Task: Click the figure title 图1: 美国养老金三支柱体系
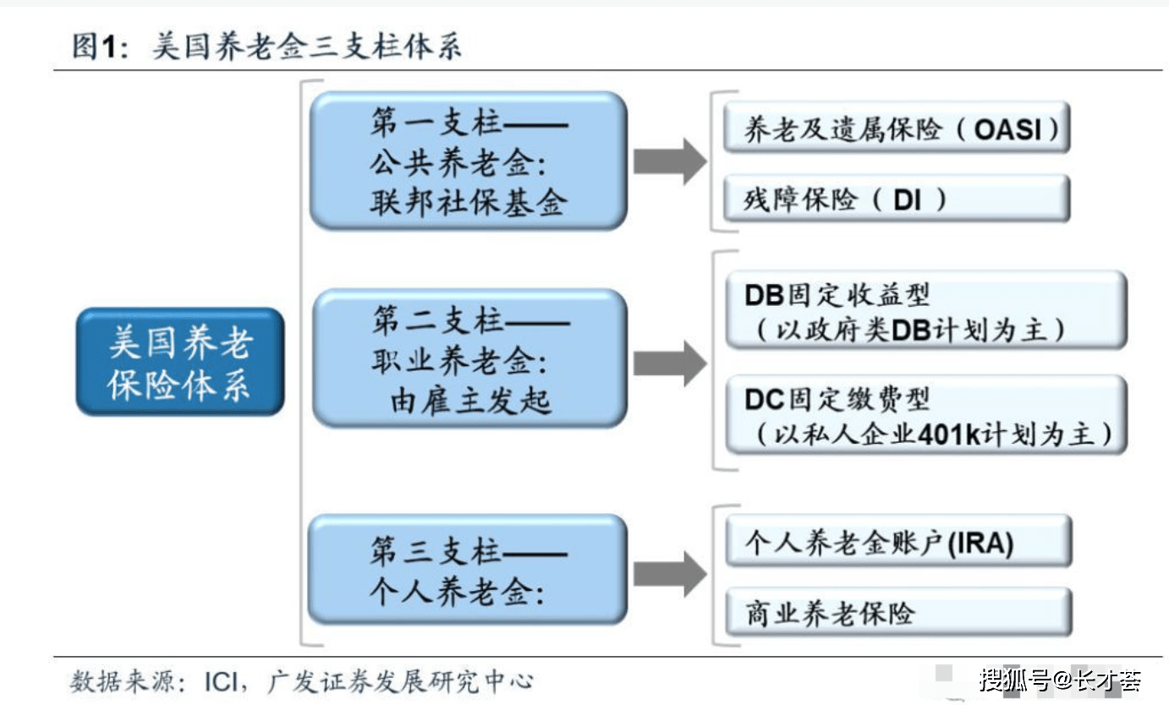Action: pos(266,46)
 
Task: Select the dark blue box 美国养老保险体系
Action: pos(179,362)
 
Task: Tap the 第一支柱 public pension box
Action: pos(469,161)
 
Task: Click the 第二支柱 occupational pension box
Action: pos(469,358)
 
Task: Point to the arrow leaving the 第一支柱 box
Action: pos(669,161)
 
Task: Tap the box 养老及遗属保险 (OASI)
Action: pos(897,128)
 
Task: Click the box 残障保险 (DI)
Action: pos(897,199)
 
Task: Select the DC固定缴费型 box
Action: pos(925,416)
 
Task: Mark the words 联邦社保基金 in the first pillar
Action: pos(468,204)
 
